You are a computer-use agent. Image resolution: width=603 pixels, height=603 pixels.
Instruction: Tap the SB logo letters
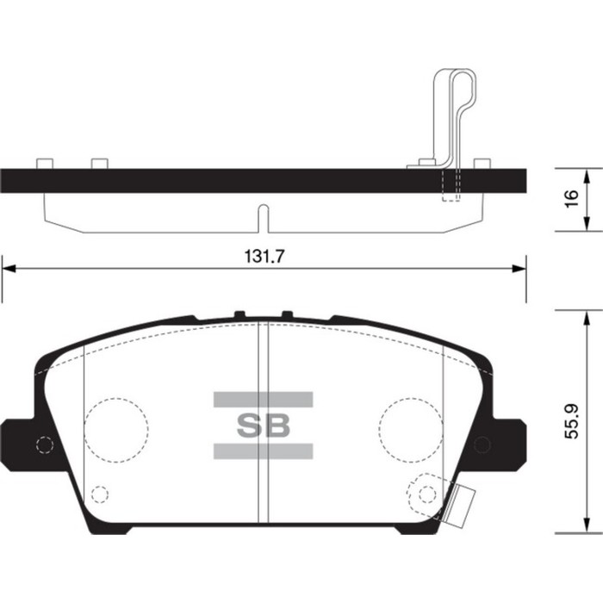coord(264,424)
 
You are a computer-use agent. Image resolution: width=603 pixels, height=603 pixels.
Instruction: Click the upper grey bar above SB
coord(264,399)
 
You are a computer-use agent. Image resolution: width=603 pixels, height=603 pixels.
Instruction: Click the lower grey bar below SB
coord(264,450)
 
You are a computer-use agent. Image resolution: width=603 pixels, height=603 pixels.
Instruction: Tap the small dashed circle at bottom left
coord(100,494)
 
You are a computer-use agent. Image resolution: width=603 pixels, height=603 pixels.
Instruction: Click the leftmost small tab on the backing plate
coord(45,163)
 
